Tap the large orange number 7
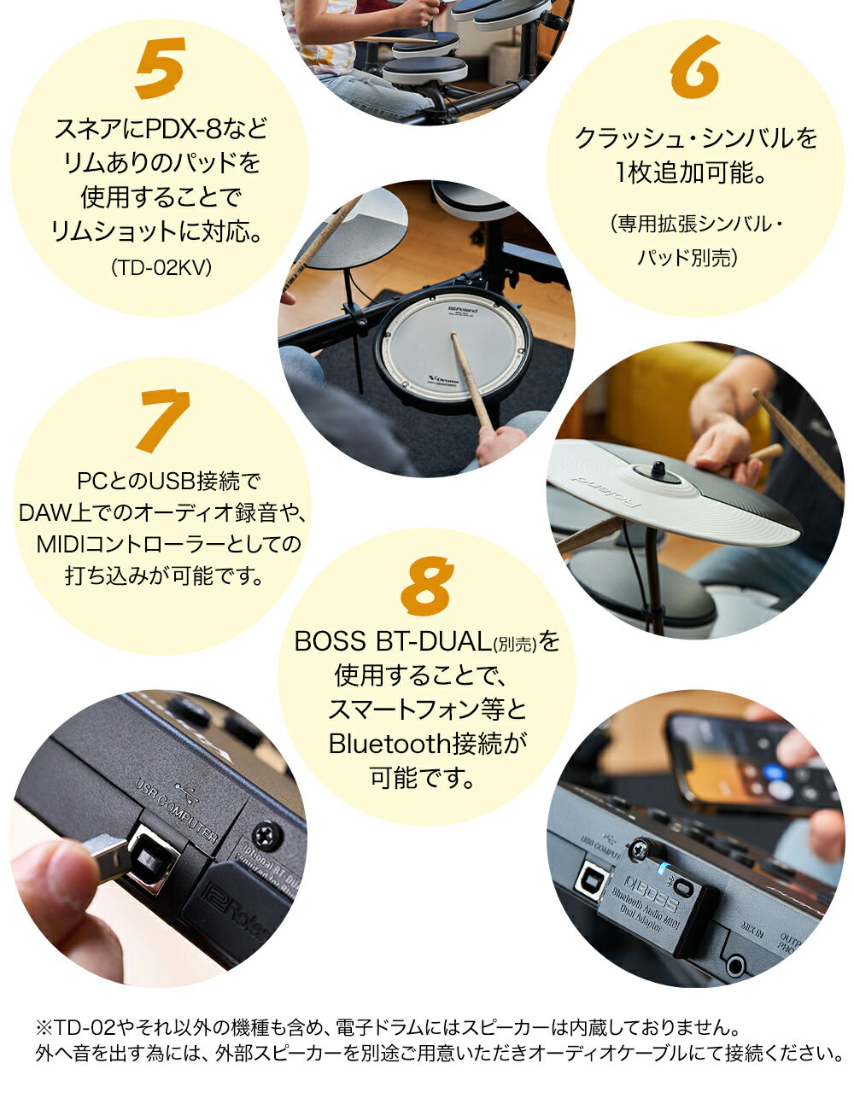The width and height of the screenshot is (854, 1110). tap(161, 420)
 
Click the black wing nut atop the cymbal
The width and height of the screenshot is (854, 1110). tap(658, 469)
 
